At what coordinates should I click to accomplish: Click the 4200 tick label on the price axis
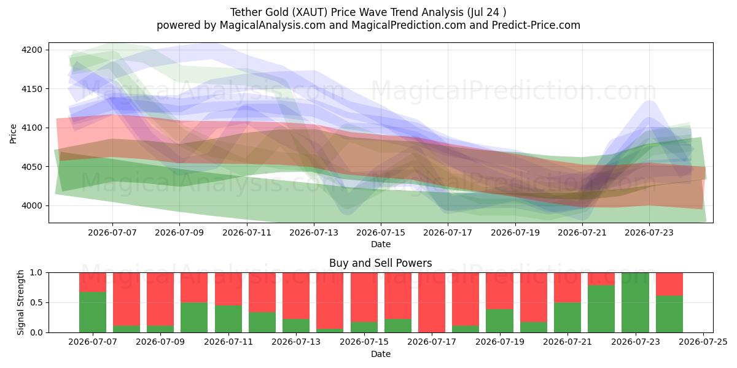coord(32,50)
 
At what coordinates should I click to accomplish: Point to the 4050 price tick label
coord(32,167)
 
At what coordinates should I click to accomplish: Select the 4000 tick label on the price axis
coord(32,206)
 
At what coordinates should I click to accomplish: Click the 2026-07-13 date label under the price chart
coord(314,232)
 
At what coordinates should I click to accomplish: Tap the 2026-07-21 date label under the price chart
coord(582,232)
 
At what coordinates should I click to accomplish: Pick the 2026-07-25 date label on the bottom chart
coord(703,342)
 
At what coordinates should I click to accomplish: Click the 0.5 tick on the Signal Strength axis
coord(36,302)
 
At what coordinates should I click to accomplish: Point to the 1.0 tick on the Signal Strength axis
coord(36,273)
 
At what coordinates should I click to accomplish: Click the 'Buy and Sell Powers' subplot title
coord(381,263)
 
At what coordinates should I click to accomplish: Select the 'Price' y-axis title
coord(13,134)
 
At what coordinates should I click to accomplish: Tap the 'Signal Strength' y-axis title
coord(20,302)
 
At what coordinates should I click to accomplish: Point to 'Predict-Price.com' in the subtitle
coord(536,25)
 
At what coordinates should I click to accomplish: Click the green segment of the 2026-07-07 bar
coord(93,312)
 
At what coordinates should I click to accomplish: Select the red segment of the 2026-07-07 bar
coord(93,282)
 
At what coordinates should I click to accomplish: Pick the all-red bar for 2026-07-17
coord(432,302)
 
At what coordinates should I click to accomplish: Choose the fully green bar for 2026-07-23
coord(635,302)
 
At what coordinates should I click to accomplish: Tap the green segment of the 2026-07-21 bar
coord(567,318)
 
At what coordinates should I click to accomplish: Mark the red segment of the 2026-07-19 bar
coord(499,291)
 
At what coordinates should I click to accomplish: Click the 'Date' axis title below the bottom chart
coord(381,355)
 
